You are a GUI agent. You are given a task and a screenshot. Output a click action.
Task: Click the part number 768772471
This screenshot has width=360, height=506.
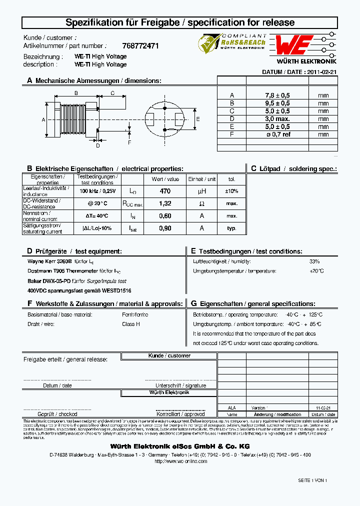tap(140, 45)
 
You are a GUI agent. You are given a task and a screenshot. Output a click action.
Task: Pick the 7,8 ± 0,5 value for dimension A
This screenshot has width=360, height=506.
tap(277, 95)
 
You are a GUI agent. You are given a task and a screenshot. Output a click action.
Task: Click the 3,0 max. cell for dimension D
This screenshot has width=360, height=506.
tap(277, 118)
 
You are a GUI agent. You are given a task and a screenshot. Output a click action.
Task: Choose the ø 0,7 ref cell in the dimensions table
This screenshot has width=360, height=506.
tap(277, 134)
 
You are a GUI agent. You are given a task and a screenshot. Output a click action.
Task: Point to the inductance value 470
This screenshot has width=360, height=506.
tap(165, 191)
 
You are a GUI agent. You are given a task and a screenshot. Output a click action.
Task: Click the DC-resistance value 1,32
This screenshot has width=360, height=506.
tap(165, 203)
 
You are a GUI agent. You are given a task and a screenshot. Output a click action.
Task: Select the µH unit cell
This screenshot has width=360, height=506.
tap(201, 191)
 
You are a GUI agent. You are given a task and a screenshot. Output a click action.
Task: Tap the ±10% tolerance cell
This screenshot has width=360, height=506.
tap(231, 191)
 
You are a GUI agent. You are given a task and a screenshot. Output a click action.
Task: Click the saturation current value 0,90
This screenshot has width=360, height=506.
tap(165, 228)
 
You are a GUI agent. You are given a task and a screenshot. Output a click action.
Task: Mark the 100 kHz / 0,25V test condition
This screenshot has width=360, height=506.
tap(97, 191)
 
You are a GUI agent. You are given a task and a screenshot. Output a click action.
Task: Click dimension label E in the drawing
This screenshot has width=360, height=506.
tap(198, 119)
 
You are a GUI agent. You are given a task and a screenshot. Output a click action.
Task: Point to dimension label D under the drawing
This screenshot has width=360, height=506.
tap(98, 145)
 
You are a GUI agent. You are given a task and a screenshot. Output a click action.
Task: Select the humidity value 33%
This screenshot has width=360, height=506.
tap(314, 261)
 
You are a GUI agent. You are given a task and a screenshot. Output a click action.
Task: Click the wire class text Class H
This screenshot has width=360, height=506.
tap(131, 324)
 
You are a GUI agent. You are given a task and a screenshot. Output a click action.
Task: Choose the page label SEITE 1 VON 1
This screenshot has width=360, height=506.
tap(312, 480)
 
